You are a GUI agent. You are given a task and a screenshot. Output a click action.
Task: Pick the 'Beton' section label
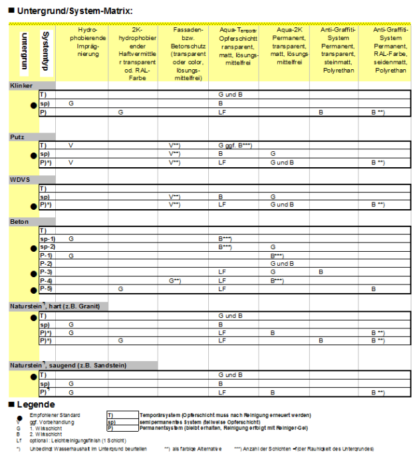[x=18, y=221]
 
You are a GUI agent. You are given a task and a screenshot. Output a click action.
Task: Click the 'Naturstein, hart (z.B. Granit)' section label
[x=54, y=306]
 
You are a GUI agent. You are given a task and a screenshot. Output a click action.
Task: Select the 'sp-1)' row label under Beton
[x=47, y=238]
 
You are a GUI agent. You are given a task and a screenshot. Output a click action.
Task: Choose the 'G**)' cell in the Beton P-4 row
[x=175, y=280]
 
